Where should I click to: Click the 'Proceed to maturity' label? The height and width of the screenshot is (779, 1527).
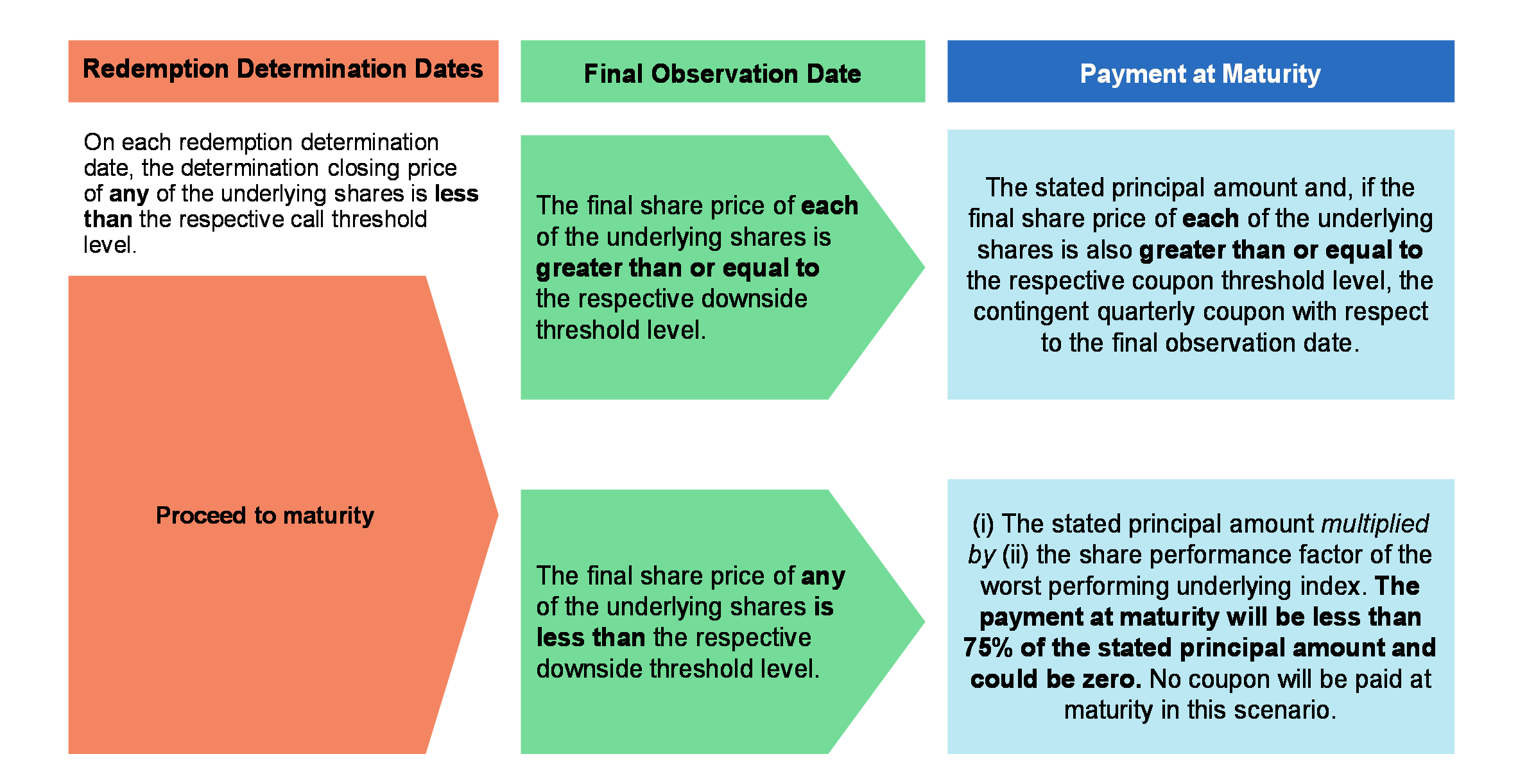[265, 515]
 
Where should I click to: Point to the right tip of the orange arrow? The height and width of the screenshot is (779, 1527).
[498, 514]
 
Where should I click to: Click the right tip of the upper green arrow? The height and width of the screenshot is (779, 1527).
[924, 267]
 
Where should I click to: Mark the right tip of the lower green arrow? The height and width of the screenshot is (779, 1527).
[924, 621]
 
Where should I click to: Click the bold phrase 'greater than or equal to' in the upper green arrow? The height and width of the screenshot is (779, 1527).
[678, 268]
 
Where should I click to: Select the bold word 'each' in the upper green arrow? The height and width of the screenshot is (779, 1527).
[829, 205]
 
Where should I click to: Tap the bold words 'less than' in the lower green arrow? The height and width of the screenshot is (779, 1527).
[591, 638]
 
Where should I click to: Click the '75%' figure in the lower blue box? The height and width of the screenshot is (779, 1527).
[988, 648]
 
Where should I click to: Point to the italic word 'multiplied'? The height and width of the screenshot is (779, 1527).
[1375, 524]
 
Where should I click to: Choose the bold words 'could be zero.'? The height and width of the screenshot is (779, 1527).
[1056, 679]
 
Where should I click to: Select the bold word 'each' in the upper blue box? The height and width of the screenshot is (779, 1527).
[1211, 219]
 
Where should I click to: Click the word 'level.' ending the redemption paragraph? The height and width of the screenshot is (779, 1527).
[110, 244]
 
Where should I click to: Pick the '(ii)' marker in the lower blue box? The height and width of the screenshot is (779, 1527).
[1015, 555]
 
